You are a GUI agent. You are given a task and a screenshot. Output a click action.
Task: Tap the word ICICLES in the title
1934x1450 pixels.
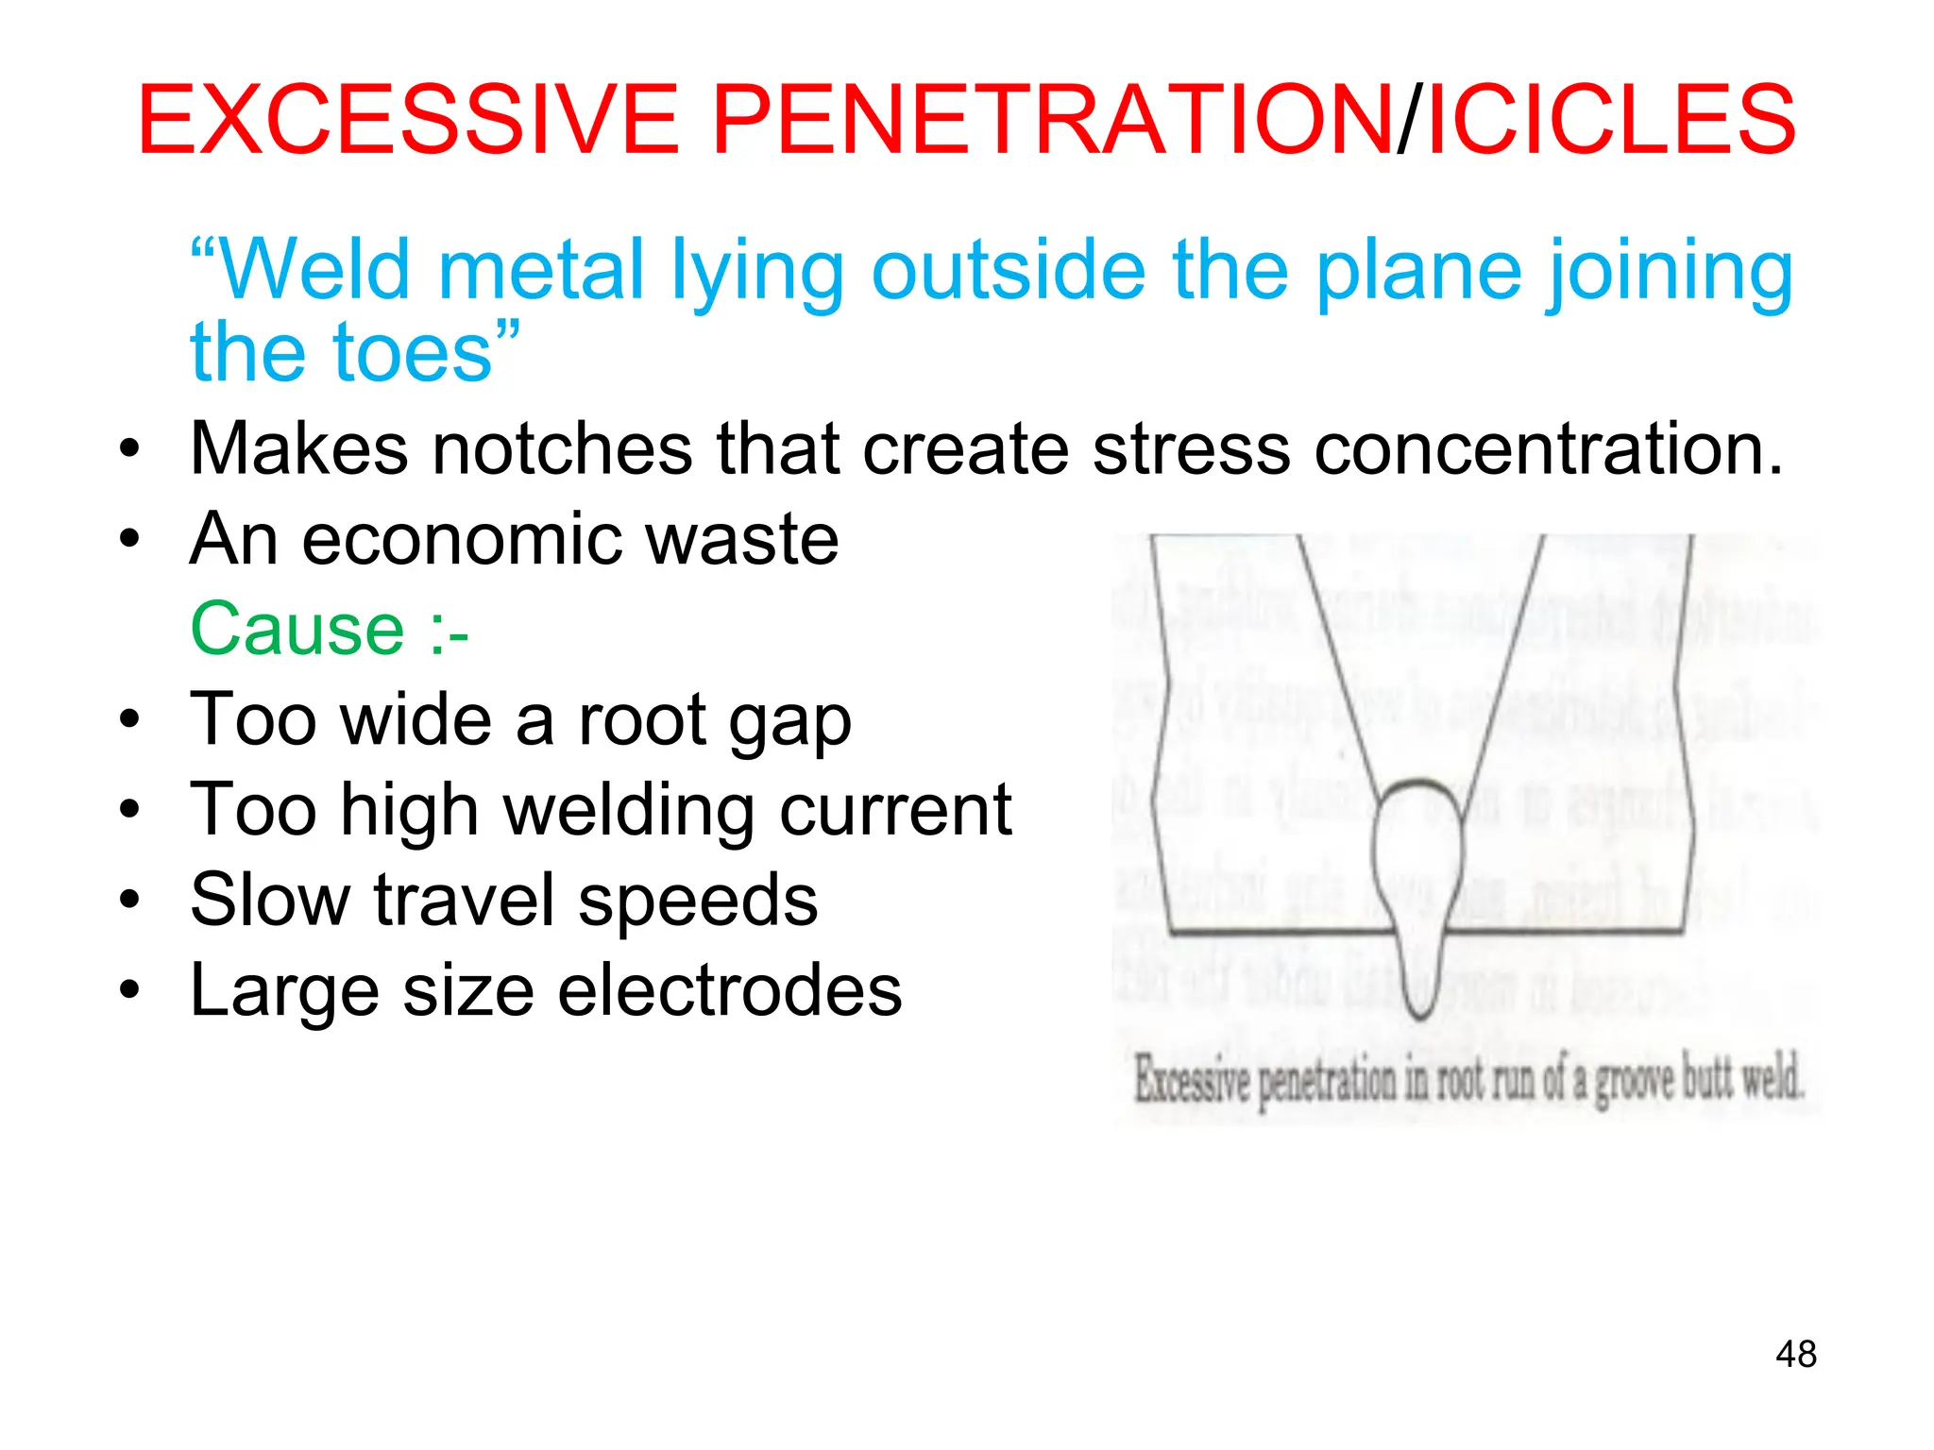[x=1611, y=120]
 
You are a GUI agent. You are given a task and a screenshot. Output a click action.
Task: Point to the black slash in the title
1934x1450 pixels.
[x=1408, y=120]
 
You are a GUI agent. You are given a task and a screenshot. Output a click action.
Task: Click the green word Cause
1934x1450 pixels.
[x=297, y=630]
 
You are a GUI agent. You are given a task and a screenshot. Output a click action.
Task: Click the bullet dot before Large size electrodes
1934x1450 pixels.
[x=129, y=990]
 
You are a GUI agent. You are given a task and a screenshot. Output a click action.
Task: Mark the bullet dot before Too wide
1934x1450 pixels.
[x=129, y=719]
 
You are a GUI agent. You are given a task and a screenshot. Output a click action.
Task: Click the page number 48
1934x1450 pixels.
[x=1795, y=1354]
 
